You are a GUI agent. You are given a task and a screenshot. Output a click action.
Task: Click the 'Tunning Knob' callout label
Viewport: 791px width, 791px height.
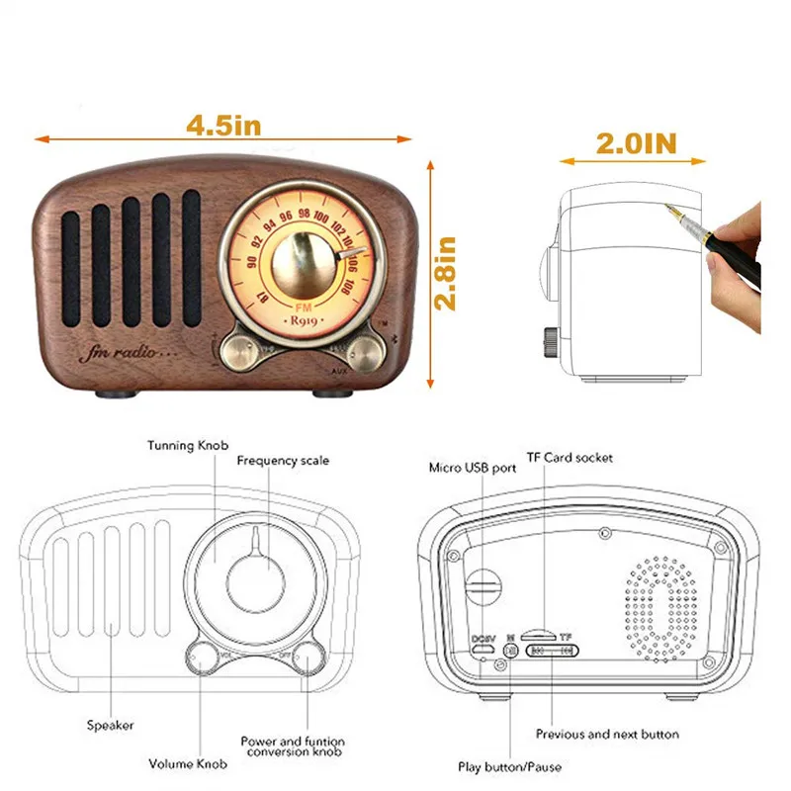pyautogui.click(x=185, y=446)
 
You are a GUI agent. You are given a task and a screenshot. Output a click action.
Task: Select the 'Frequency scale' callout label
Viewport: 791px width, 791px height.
pyautogui.click(x=283, y=461)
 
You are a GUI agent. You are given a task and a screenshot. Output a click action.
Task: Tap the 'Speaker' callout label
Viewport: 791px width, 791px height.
pyautogui.click(x=110, y=726)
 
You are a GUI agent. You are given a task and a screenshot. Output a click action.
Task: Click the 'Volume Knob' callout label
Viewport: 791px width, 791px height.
pyautogui.click(x=188, y=763)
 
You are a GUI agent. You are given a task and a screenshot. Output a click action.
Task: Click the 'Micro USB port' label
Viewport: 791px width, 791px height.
pyautogui.click(x=473, y=468)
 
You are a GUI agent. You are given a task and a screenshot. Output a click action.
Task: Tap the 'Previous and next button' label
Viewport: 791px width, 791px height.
pyautogui.click(x=607, y=735)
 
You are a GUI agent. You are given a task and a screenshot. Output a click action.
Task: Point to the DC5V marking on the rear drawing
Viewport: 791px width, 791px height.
pyautogui.click(x=483, y=638)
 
